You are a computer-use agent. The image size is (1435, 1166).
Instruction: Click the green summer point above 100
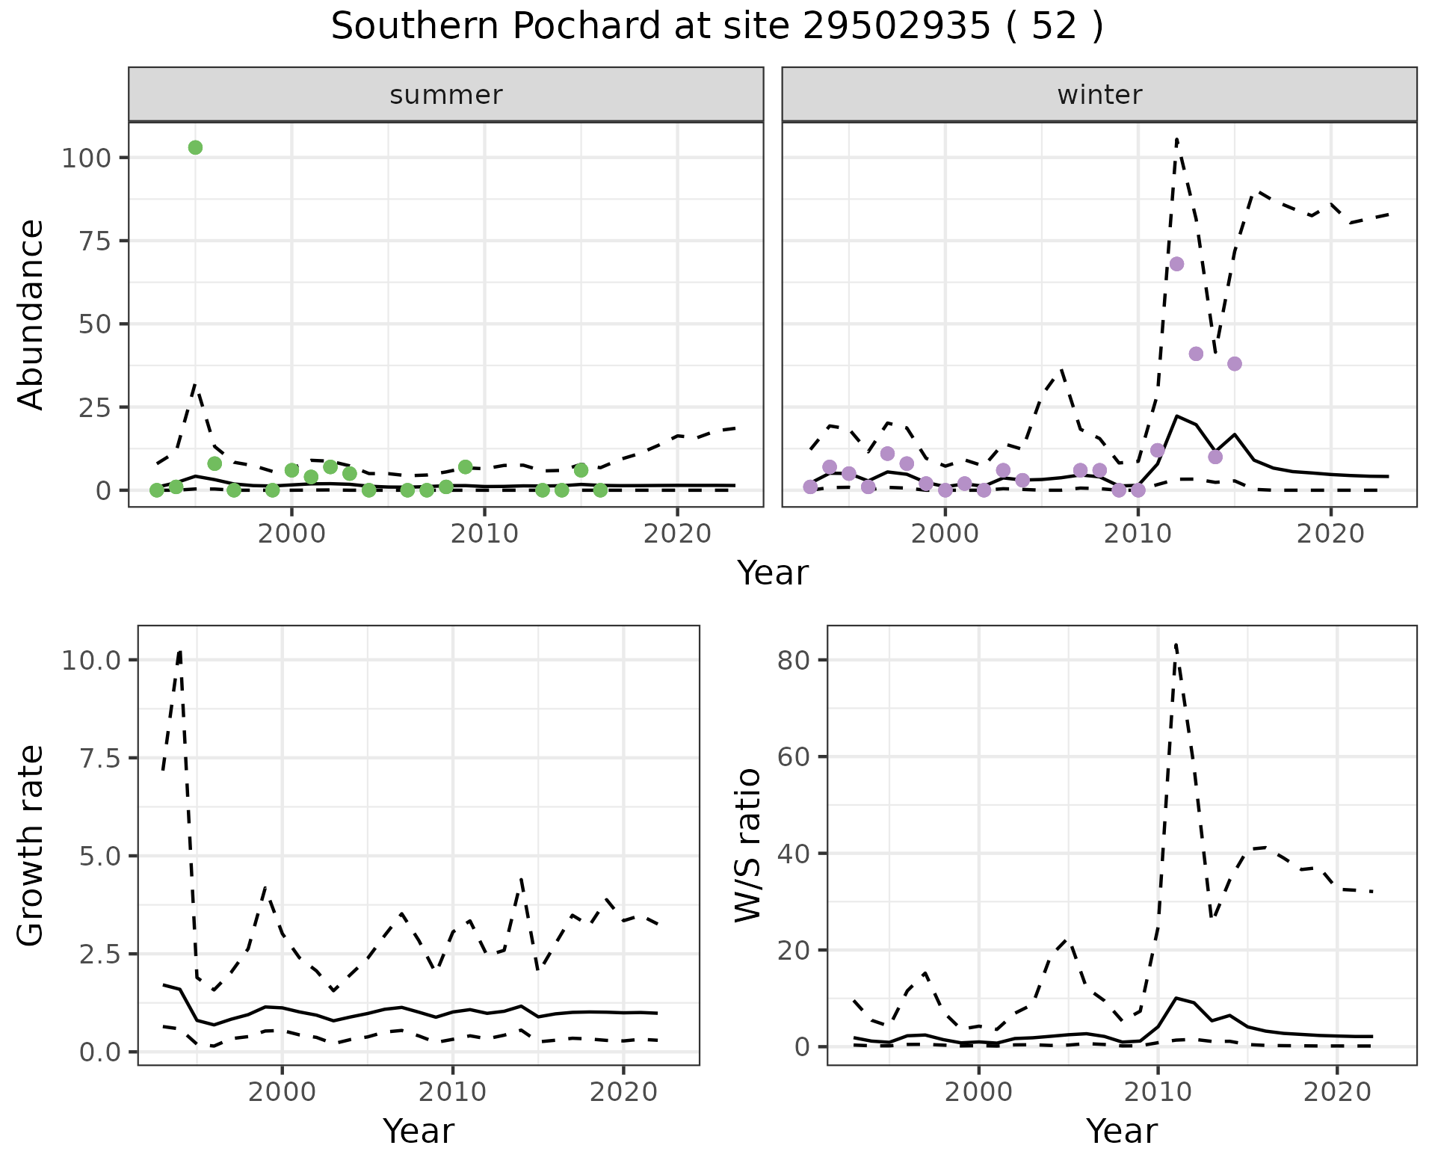195,147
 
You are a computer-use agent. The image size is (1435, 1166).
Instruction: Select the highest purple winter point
1176,264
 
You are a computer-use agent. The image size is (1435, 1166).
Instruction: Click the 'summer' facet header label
446,95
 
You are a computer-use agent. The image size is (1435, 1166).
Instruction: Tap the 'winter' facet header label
1099,95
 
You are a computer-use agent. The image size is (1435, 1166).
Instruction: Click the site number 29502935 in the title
897,27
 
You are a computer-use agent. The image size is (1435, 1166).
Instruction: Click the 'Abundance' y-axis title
31,315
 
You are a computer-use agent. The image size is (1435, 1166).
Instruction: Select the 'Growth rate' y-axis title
31,845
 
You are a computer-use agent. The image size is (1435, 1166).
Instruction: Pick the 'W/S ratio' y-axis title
747,845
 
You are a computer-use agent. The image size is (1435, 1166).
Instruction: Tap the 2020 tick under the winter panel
1330,534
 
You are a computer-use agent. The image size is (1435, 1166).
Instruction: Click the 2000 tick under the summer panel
292,534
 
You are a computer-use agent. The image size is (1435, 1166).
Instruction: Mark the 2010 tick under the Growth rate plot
453,1091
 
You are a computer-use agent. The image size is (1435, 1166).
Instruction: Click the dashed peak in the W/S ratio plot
1176,644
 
